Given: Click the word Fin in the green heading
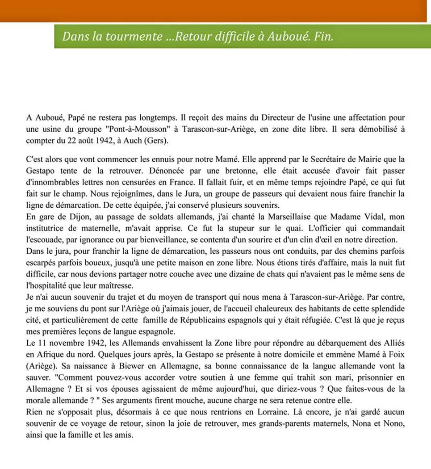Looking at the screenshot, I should pyautogui.click(x=324, y=36).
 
